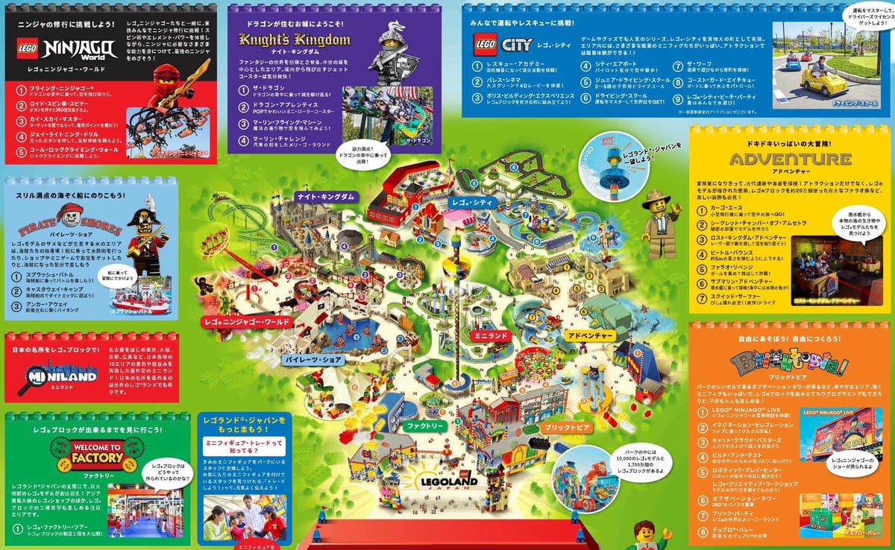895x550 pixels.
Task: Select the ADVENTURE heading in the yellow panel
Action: click(790, 159)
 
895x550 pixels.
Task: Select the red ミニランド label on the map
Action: click(489, 336)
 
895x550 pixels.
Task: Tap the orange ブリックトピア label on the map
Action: click(566, 427)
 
